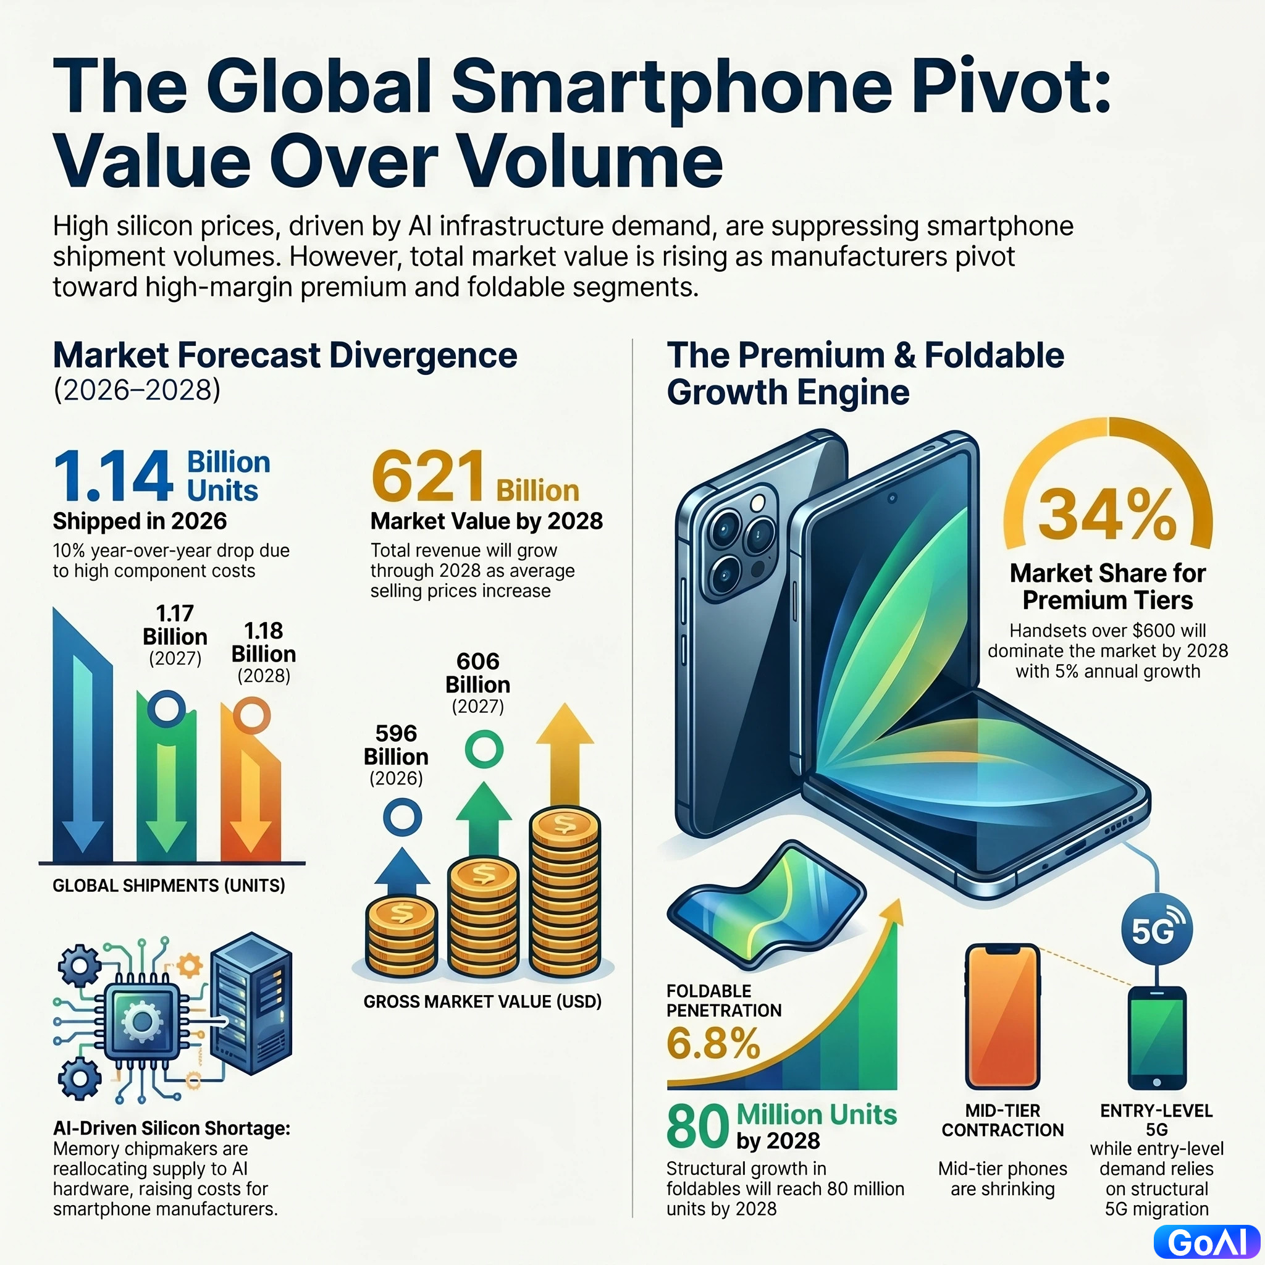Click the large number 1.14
tap(113, 477)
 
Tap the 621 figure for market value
tap(428, 476)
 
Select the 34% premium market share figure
tap(1107, 515)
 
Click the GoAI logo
tap(1207, 1242)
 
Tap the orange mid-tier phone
tap(1002, 1016)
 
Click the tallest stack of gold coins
tap(565, 890)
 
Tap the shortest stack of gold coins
tap(401, 936)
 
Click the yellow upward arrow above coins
tap(565, 754)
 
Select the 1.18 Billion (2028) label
tap(263, 652)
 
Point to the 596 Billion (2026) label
tap(396, 754)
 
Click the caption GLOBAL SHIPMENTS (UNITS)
tap(169, 885)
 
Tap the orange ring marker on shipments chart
tap(251, 716)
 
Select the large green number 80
tap(697, 1127)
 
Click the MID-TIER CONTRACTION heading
tap(1002, 1120)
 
